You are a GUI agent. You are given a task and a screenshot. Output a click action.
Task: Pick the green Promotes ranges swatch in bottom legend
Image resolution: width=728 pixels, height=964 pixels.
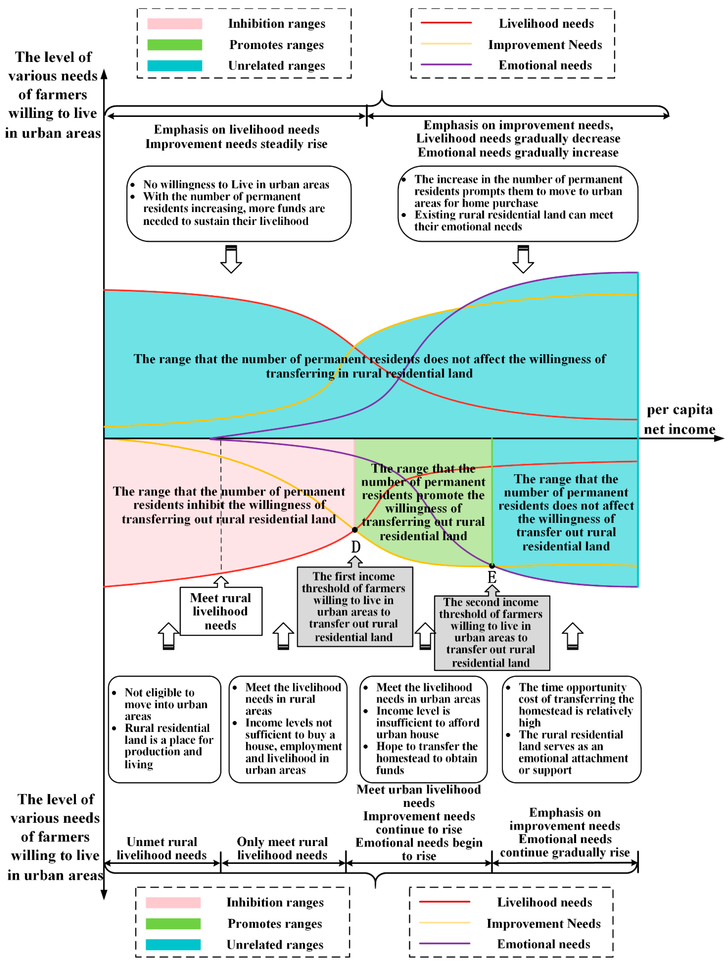(x=173, y=924)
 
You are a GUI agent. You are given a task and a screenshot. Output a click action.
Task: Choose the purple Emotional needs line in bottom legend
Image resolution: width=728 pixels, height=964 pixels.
(x=444, y=943)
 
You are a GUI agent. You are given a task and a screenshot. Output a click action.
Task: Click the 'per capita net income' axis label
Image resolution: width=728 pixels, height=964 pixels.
(x=679, y=419)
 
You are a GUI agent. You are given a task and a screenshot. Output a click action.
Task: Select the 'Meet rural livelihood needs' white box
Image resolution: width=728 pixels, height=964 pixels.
(x=221, y=611)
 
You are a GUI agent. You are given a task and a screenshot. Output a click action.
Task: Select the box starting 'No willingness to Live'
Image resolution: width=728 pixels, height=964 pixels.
(x=239, y=203)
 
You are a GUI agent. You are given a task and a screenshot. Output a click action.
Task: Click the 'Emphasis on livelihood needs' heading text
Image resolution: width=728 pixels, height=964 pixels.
(x=237, y=129)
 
